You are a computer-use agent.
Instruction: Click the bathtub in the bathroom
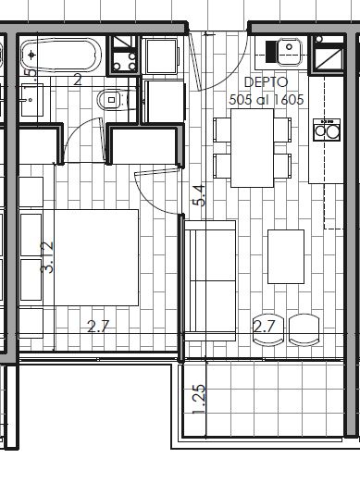(x=61, y=56)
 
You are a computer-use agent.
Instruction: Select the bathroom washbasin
(x=31, y=100)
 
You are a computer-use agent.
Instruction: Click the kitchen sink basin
(x=289, y=52)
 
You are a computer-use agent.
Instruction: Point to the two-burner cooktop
(x=327, y=130)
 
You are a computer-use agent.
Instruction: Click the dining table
(x=253, y=148)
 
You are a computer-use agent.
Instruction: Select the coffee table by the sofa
(x=286, y=256)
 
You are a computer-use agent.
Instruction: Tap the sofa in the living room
(x=210, y=280)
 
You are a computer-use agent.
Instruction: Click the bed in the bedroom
(x=96, y=257)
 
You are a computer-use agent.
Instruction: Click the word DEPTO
(x=266, y=82)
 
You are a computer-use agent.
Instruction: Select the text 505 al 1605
(x=267, y=99)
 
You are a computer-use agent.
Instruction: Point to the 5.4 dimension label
(x=199, y=195)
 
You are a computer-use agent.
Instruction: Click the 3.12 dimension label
(x=47, y=257)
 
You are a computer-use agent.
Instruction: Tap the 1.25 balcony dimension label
(x=199, y=399)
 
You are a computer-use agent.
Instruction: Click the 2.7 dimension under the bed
(x=98, y=327)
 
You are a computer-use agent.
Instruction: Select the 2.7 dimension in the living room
(x=264, y=327)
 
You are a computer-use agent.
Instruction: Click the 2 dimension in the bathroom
(x=78, y=80)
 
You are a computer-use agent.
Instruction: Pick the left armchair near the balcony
(x=268, y=329)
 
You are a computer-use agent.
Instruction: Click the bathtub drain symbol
(x=31, y=56)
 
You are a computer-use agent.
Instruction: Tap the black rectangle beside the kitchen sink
(x=271, y=52)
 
